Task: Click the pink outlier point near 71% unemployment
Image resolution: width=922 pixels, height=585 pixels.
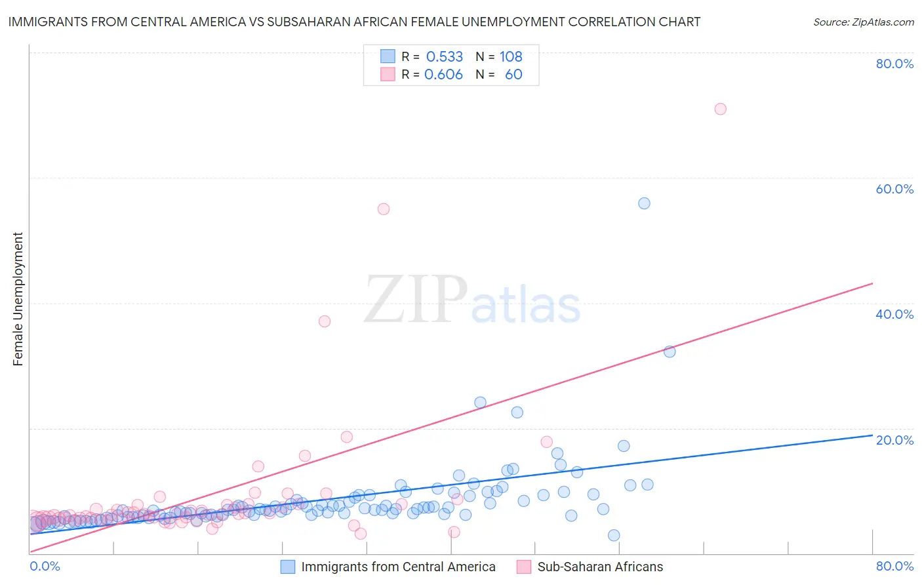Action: click(720, 109)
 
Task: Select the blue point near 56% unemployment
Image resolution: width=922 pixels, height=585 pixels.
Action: click(644, 203)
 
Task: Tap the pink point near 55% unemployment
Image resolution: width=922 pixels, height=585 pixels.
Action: click(384, 209)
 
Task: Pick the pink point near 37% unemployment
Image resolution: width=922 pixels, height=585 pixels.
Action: click(325, 321)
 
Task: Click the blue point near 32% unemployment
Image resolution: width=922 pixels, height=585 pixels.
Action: click(670, 352)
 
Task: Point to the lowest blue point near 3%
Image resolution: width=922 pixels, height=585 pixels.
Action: click(614, 535)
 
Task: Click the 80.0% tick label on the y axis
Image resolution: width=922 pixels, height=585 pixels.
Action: click(894, 64)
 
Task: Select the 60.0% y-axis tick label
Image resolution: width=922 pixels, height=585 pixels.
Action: click(894, 189)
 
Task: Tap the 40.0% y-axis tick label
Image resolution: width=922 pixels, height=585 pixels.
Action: click(894, 314)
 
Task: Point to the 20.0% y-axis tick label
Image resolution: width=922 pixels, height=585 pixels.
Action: click(894, 440)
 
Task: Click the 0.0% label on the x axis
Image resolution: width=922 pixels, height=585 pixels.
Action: click(45, 566)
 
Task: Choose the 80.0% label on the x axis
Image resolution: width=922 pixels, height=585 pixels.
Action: click(894, 566)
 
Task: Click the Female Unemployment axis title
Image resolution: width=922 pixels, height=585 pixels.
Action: click(18, 299)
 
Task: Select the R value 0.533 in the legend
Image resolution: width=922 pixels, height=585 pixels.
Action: click(444, 56)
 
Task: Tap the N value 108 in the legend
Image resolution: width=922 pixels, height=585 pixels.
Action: click(511, 56)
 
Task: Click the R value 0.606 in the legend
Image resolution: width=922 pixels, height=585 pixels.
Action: click(443, 74)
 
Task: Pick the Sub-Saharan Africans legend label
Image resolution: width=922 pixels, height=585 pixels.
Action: click(600, 567)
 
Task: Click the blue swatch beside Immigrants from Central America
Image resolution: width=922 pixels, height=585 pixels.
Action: click(288, 567)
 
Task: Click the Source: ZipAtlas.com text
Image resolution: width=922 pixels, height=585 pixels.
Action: click(863, 22)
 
